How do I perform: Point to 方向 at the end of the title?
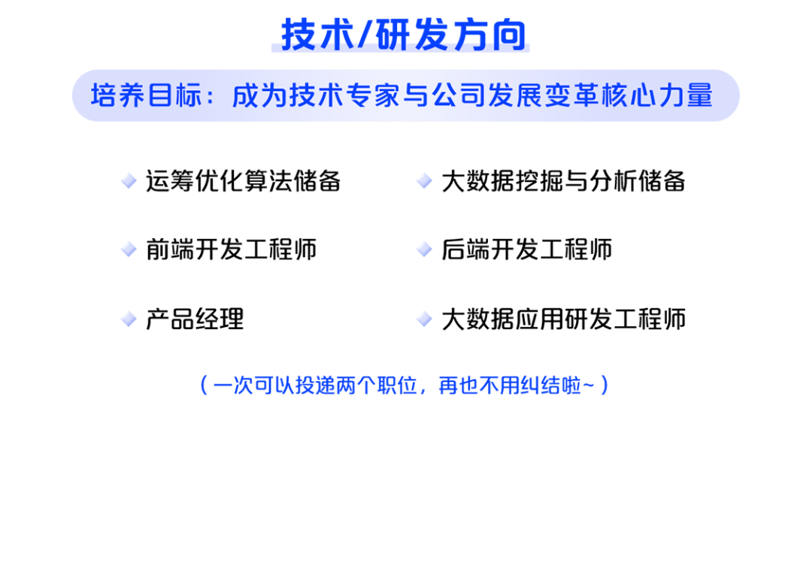click(x=489, y=35)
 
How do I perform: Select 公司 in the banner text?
click(x=456, y=95)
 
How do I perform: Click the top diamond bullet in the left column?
click(x=129, y=180)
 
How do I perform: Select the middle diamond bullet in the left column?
click(x=129, y=249)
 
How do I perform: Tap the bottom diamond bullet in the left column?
click(x=129, y=318)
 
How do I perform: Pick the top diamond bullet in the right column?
click(x=424, y=180)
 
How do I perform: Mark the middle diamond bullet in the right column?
click(x=424, y=249)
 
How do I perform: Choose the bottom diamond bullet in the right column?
click(x=424, y=318)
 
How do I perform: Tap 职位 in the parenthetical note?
click(x=398, y=386)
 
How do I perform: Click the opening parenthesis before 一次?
click(x=202, y=386)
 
